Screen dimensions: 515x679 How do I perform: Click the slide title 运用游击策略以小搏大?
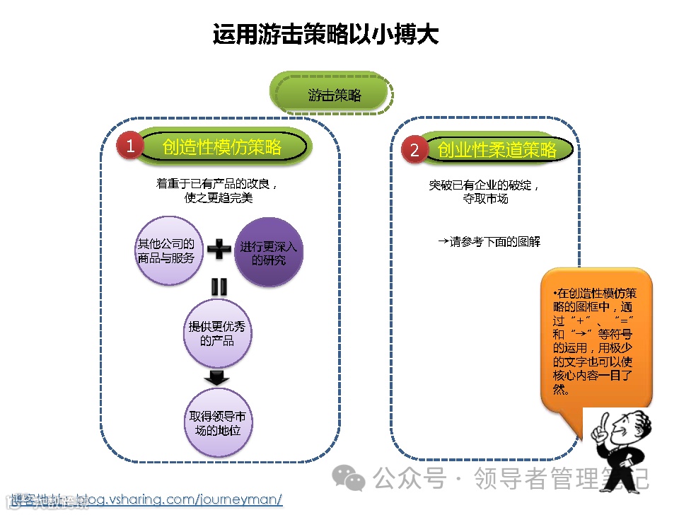point(325,33)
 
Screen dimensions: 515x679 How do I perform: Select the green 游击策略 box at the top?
point(333,95)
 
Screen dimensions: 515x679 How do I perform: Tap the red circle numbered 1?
point(130,146)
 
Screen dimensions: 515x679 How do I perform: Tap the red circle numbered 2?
point(414,150)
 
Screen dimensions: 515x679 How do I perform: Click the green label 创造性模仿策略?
point(223,146)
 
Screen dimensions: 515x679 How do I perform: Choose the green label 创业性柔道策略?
point(497,150)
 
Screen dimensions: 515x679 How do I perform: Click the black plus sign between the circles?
point(219,249)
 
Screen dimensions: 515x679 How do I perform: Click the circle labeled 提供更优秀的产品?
point(217,333)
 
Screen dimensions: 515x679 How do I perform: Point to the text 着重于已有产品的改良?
point(216,183)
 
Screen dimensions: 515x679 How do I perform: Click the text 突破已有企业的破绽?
point(484,185)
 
